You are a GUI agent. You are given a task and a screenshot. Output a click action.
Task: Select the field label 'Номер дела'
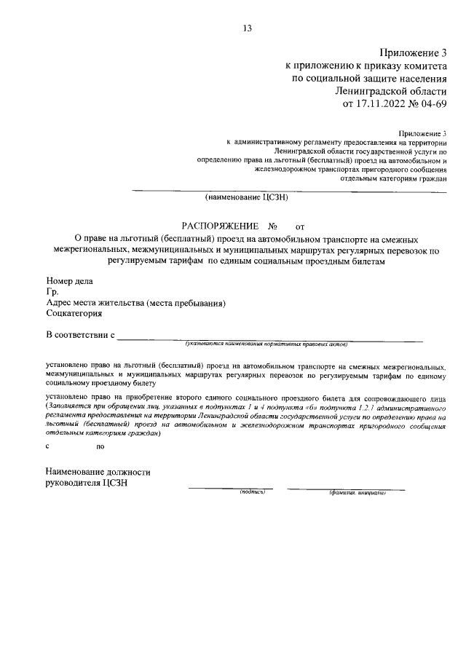69,281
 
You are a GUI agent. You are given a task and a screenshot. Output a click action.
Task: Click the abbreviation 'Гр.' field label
52,292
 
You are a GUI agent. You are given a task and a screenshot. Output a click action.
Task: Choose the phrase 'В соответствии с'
81,335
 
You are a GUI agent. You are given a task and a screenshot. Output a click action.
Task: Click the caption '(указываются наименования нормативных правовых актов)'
266,343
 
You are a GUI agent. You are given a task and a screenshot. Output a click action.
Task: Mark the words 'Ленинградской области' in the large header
391,91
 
